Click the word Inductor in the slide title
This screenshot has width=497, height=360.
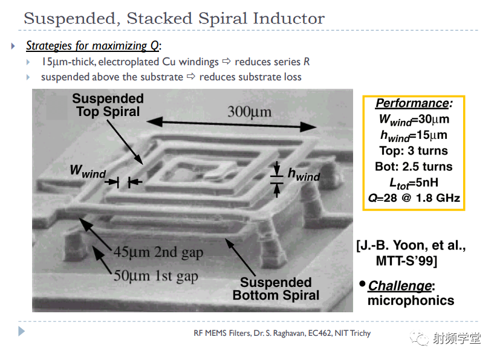(289, 18)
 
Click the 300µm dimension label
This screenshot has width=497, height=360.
(250, 112)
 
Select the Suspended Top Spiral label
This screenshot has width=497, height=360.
(108, 105)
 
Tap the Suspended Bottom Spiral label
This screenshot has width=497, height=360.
(276, 289)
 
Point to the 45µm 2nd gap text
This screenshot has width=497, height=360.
(158, 252)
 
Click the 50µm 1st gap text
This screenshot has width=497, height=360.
(155, 276)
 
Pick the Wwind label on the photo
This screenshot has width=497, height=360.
(88, 172)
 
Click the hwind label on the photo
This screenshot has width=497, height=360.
(304, 175)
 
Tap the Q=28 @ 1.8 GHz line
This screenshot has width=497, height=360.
(414, 198)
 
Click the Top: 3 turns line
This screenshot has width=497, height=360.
(414, 151)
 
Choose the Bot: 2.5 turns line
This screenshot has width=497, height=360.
(414, 167)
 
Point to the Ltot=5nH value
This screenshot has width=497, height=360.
(414, 183)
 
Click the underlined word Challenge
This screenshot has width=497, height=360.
(400, 286)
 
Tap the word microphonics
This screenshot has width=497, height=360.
(411, 301)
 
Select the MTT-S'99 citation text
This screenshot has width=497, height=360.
(407, 261)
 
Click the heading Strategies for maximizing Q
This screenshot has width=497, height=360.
(93, 46)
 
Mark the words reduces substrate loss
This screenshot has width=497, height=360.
(250, 77)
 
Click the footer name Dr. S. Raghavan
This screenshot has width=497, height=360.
(279, 333)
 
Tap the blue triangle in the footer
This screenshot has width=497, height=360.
(21, 332)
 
